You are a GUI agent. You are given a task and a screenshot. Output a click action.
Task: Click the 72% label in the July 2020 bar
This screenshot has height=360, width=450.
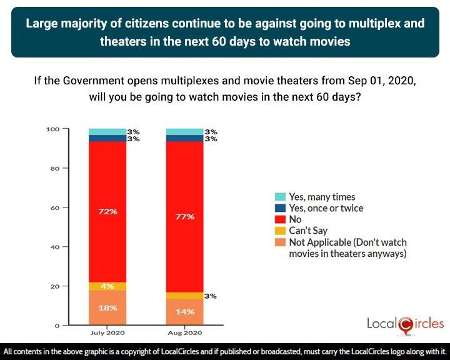pos(107,211)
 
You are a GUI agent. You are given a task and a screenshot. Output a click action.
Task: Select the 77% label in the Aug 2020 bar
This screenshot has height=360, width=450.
pos(185,216)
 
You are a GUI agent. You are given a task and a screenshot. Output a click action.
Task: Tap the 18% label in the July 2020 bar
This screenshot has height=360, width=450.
pos(107,307)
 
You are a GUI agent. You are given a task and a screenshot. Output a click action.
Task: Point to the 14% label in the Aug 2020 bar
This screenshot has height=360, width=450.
pos(185,311)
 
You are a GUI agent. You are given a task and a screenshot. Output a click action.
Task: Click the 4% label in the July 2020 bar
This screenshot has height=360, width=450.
pos(107,286)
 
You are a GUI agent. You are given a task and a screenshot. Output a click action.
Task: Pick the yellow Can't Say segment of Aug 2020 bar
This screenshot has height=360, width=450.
pos(185,296)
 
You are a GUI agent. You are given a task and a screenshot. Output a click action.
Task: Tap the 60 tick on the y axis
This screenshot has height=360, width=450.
pos(54,207)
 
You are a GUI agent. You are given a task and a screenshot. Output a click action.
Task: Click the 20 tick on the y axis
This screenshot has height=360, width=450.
pos(54,286)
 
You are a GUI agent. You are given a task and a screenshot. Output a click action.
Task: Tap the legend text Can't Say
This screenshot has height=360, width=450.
pos(308,231)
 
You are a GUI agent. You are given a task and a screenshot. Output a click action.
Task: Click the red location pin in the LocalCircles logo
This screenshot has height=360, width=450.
pos(406,324)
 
